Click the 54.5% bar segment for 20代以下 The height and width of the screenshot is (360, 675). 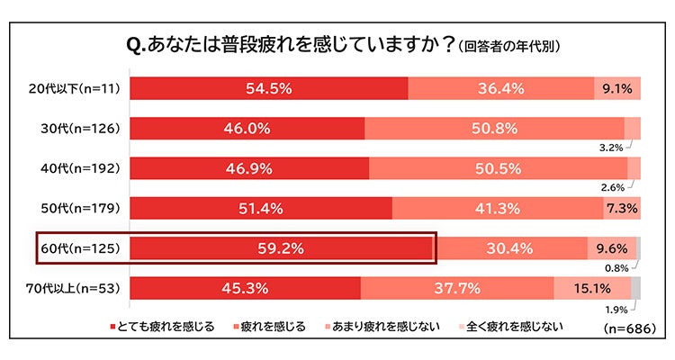(x=268, y=88)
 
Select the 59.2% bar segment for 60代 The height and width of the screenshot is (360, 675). (x=283, y=247)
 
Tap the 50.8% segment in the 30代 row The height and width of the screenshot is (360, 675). (x=494, y=128)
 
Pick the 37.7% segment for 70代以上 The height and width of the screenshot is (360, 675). (x=457, y=288)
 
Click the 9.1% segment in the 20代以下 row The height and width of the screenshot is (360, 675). (x=617, y=88)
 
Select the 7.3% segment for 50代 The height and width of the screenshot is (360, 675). (x=622, y=208)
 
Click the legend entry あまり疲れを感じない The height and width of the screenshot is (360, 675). (x=389, y=327)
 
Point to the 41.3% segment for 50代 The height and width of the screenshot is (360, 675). (x=498, y=208)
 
